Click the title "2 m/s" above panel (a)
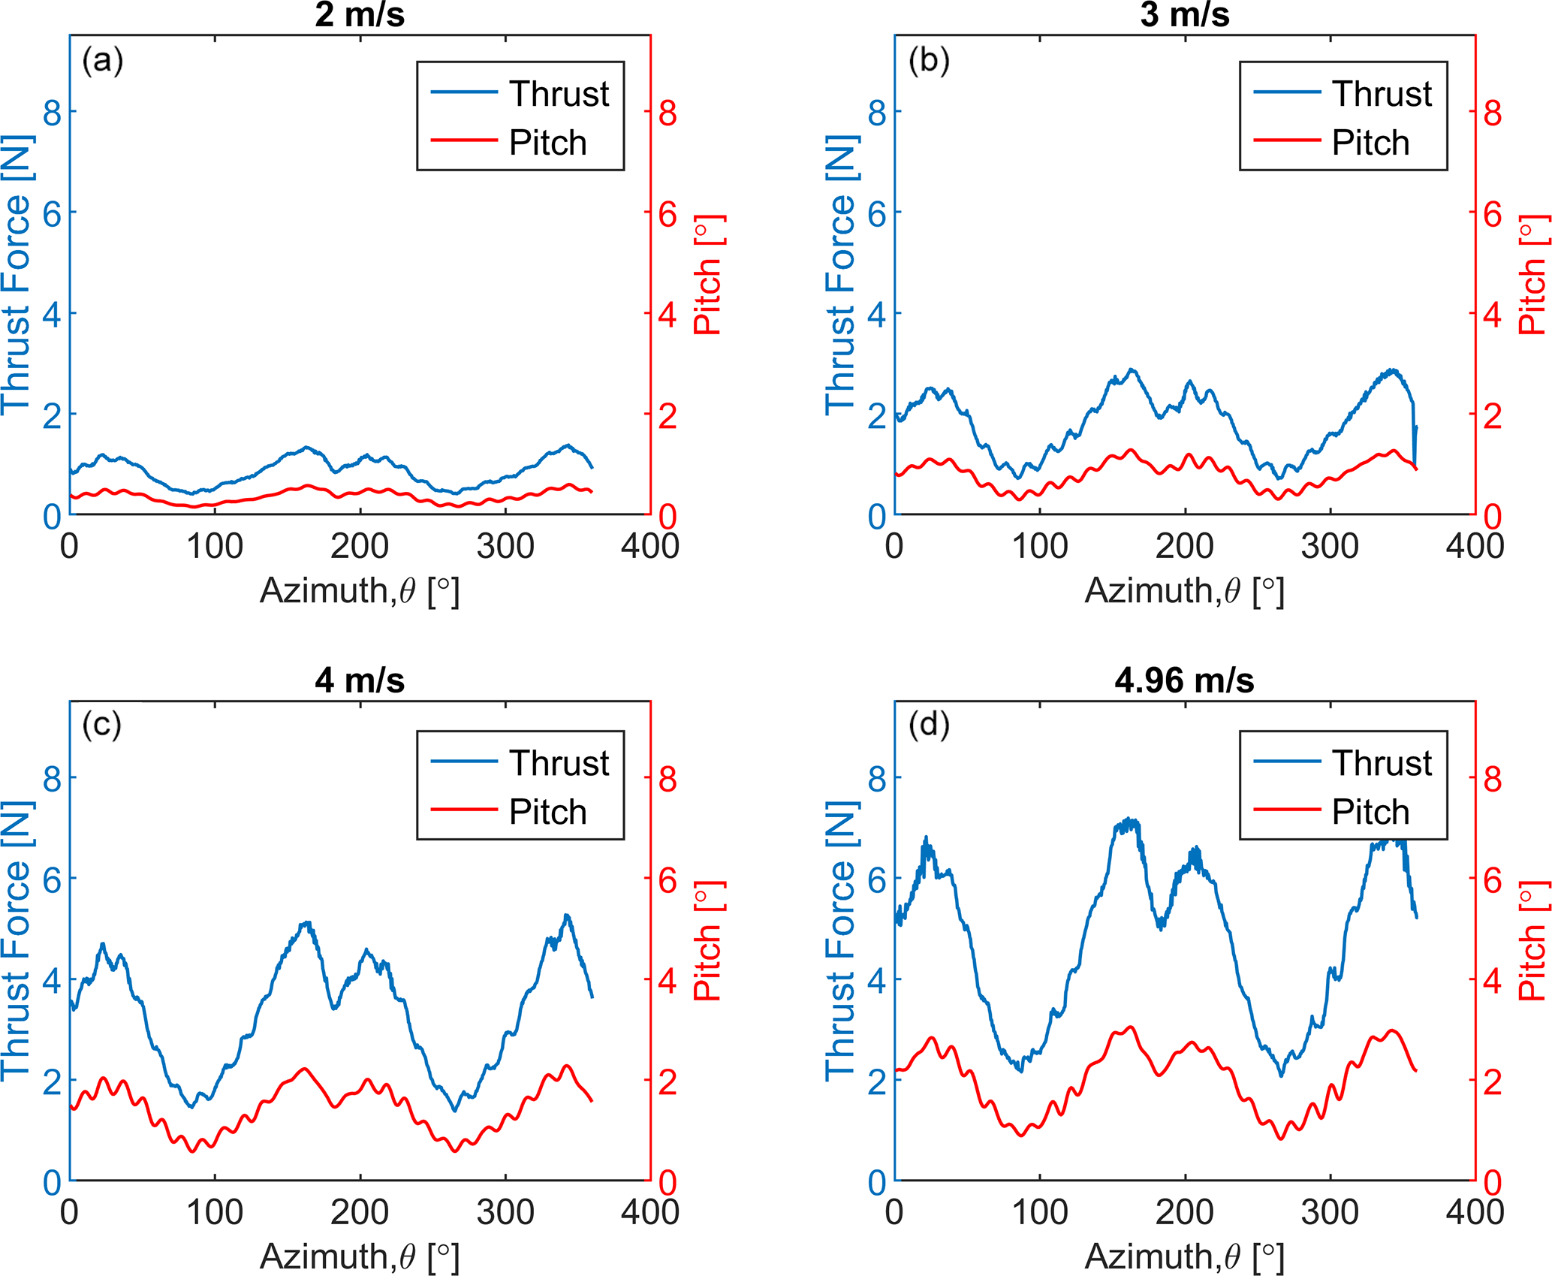(360, 15)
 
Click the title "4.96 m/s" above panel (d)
(1184, 680)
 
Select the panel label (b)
(929, 60)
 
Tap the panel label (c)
(102, 725)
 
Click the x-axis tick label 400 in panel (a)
(650, 546)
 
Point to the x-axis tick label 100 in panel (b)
(1039, 546)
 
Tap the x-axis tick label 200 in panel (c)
(360, 1212)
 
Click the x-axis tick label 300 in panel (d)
(1330, 1212)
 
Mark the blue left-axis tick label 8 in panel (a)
(52, 113)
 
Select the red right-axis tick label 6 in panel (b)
(1493, 215)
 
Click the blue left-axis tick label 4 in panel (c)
(52, 981)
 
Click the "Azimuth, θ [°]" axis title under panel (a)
(360, 591)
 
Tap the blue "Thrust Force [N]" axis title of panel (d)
(840, 941)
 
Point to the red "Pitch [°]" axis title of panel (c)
(707, 941)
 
